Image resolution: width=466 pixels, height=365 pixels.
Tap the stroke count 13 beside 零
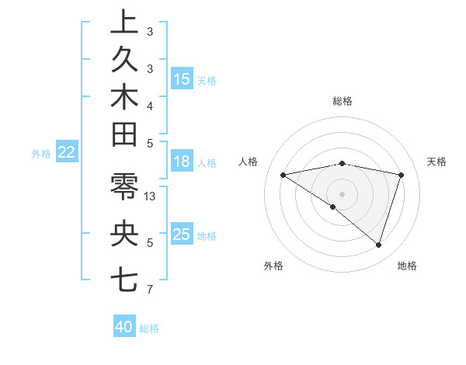tap(151, 196)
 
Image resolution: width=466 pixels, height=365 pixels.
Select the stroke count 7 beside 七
tap(150, 290)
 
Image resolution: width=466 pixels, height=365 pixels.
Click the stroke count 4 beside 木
tap(150, 106)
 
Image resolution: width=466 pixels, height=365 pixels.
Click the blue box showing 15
tap(182, 79)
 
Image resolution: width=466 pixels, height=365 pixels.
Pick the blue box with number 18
tap(182, 162)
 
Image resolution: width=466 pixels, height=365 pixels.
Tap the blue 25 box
tap(182, 235)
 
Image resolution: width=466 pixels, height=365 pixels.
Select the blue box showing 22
tap(66, 153)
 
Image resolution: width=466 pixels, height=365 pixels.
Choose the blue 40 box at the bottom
tap(124, 327)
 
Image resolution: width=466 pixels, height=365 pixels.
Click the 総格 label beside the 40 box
tap(149, 328)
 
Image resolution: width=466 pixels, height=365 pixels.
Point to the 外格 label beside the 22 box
tap(41, 154)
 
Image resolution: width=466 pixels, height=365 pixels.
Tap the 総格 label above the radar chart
tap(342, 101)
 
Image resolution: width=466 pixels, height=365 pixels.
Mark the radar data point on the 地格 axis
tap(378, 245)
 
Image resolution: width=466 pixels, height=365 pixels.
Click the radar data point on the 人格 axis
tap(283, 175)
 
